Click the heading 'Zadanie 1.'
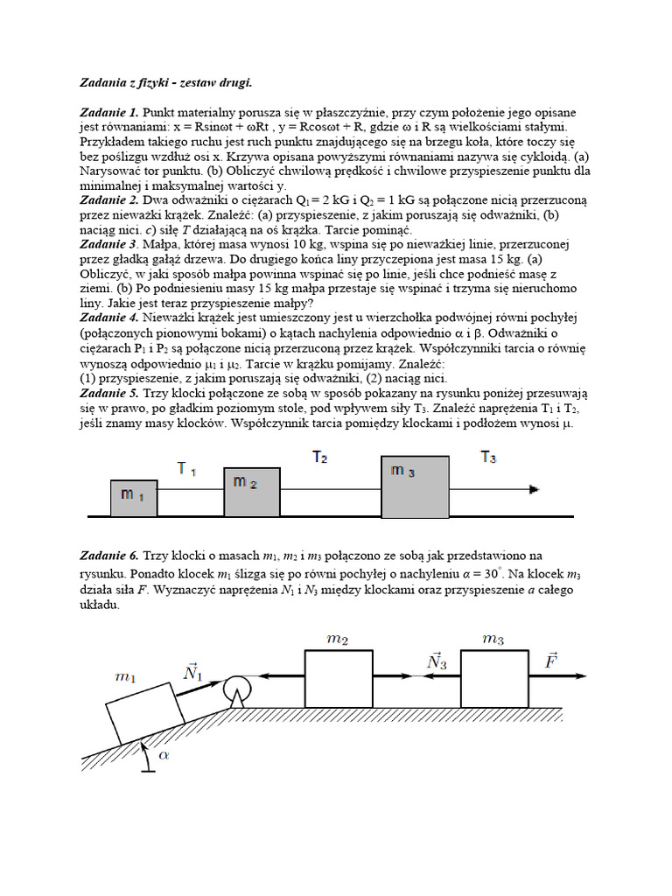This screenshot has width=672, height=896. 108,113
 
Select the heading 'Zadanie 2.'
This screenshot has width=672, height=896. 108,200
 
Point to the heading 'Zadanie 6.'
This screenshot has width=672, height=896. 108,555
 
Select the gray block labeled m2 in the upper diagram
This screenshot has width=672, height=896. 252,492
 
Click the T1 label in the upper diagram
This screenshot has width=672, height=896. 186,469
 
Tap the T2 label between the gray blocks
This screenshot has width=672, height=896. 320,457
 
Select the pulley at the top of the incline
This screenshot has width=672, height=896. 235,689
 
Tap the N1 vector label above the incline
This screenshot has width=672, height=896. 192,671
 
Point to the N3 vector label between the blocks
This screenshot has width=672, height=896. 437,661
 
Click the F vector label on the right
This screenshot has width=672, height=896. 551,660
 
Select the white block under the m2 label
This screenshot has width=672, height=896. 339,677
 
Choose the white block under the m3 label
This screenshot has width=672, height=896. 494,677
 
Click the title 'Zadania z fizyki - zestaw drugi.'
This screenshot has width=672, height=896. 165,83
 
